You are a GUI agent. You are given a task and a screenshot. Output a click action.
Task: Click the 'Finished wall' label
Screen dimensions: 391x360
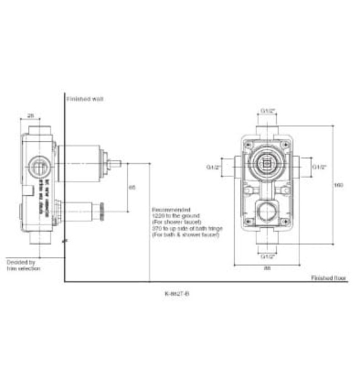pos(85,99)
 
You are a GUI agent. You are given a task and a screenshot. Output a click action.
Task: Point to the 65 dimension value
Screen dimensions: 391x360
pos(132,188)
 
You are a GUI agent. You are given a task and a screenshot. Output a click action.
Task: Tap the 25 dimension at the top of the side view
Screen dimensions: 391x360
pos(31,116)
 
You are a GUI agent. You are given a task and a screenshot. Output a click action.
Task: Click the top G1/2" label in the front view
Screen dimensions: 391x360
pos(268,111)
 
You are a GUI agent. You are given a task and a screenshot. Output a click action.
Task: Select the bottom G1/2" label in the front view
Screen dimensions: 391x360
pos(268,256)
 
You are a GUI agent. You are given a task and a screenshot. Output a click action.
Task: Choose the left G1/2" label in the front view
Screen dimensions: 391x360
pos(214,166)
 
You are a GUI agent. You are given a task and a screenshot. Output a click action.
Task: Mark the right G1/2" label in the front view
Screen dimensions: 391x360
pos(319,166)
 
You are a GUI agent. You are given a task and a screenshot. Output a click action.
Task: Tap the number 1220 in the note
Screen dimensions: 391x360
pos(157,216)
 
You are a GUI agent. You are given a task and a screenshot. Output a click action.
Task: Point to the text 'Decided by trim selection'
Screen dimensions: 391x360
pos(22,265)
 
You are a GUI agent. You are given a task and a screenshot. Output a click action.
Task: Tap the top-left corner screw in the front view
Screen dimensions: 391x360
pos(248,143)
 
